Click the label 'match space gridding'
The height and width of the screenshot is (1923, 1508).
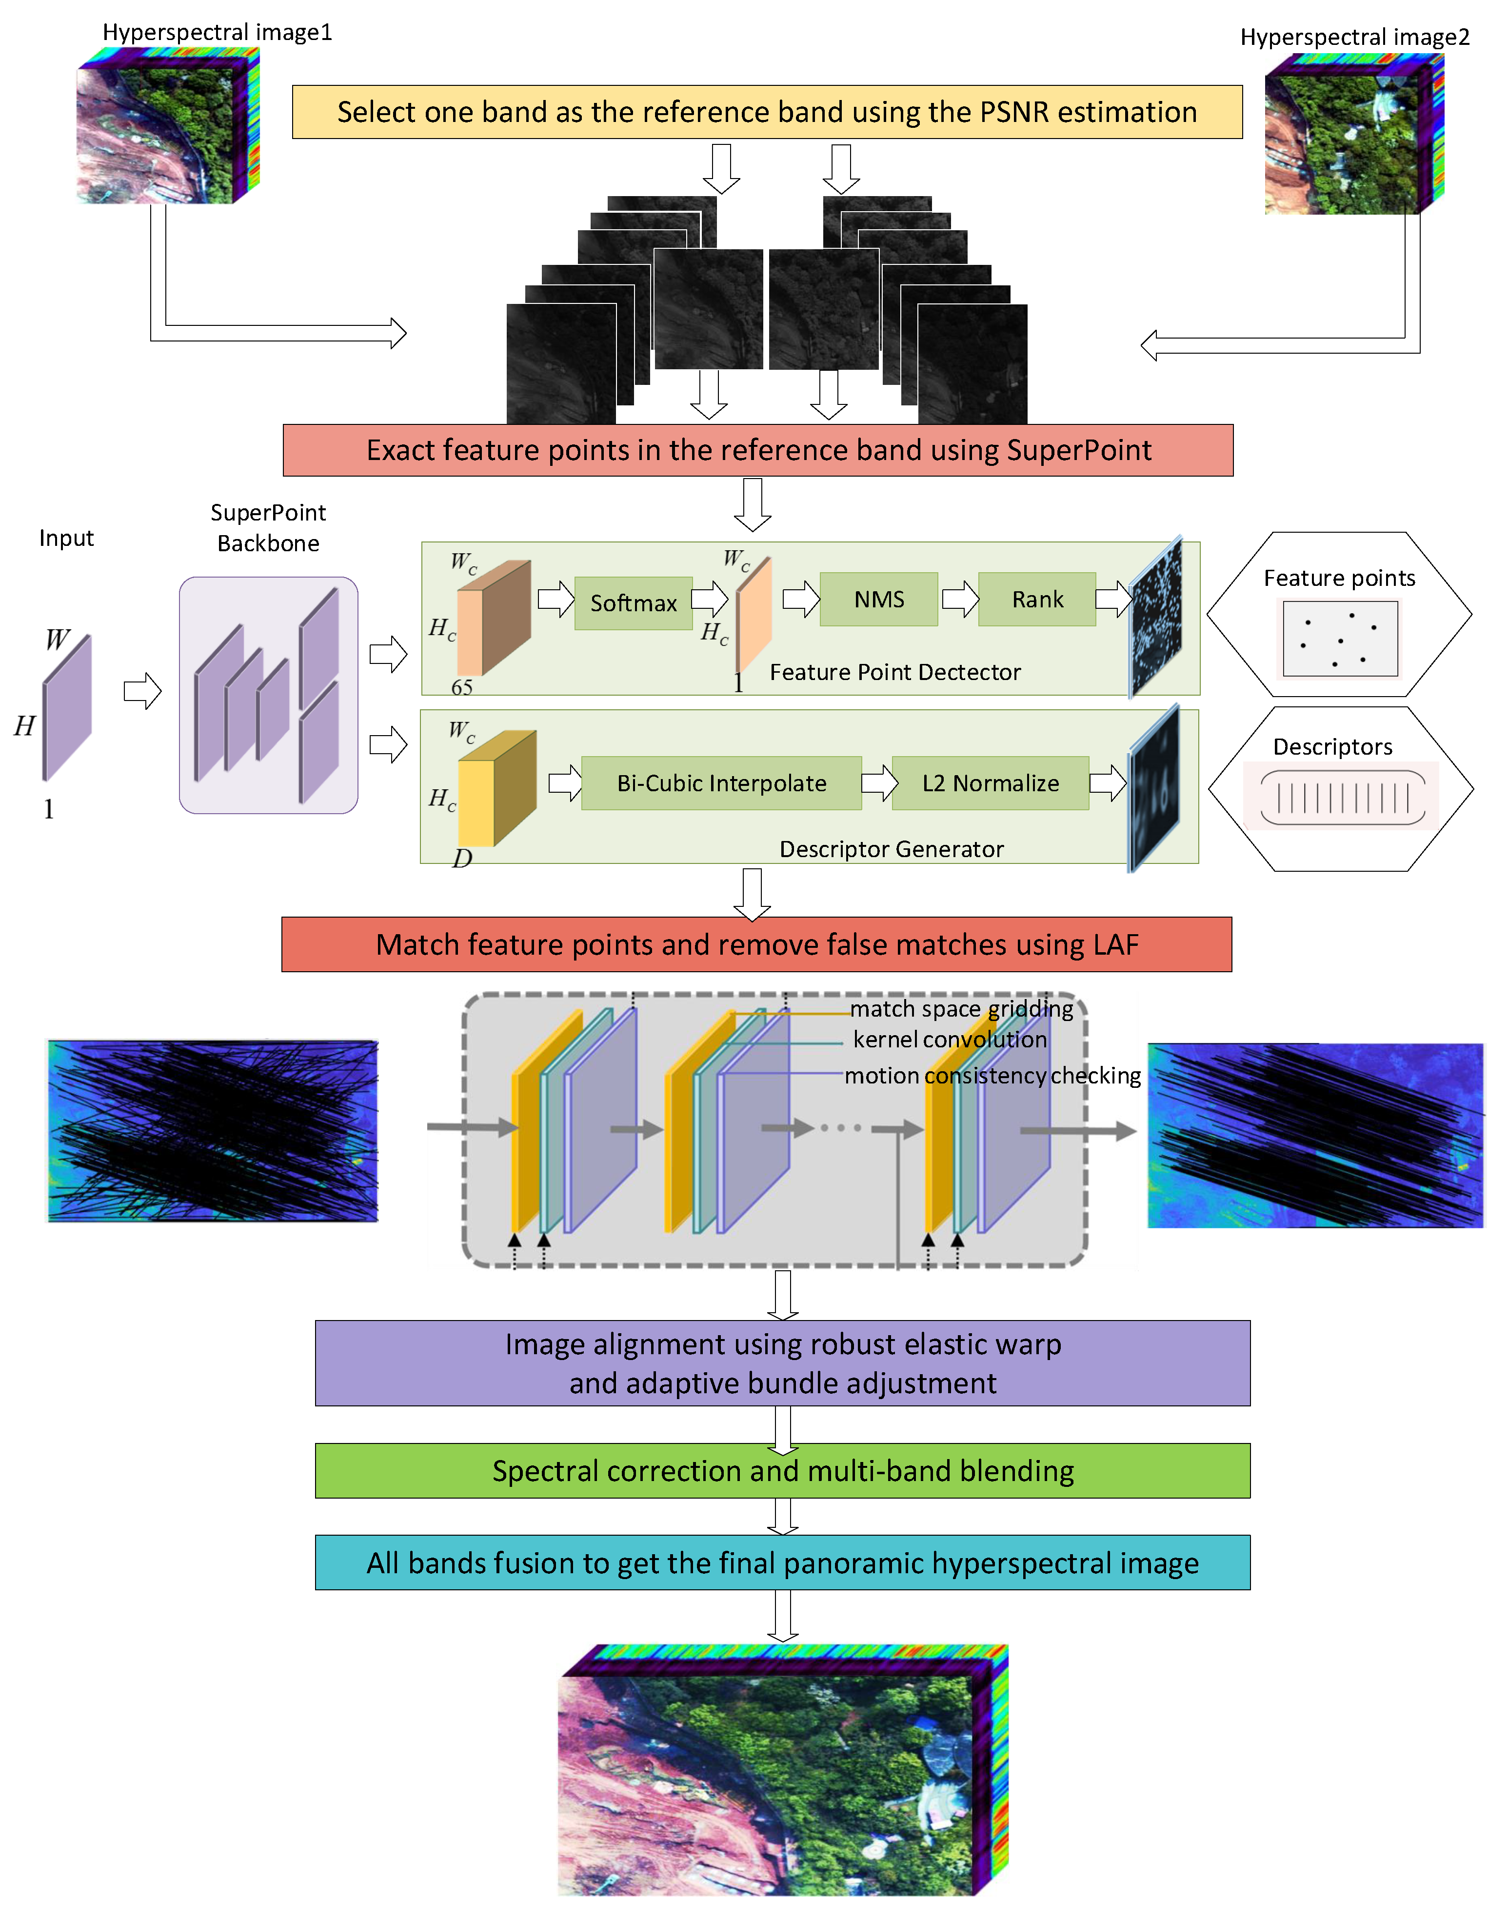coord(961,1008)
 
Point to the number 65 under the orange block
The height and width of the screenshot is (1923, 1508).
coord(462,687)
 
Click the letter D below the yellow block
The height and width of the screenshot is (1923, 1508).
coord(462,858)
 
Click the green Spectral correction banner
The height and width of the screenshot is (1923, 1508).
coord(782,1471)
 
